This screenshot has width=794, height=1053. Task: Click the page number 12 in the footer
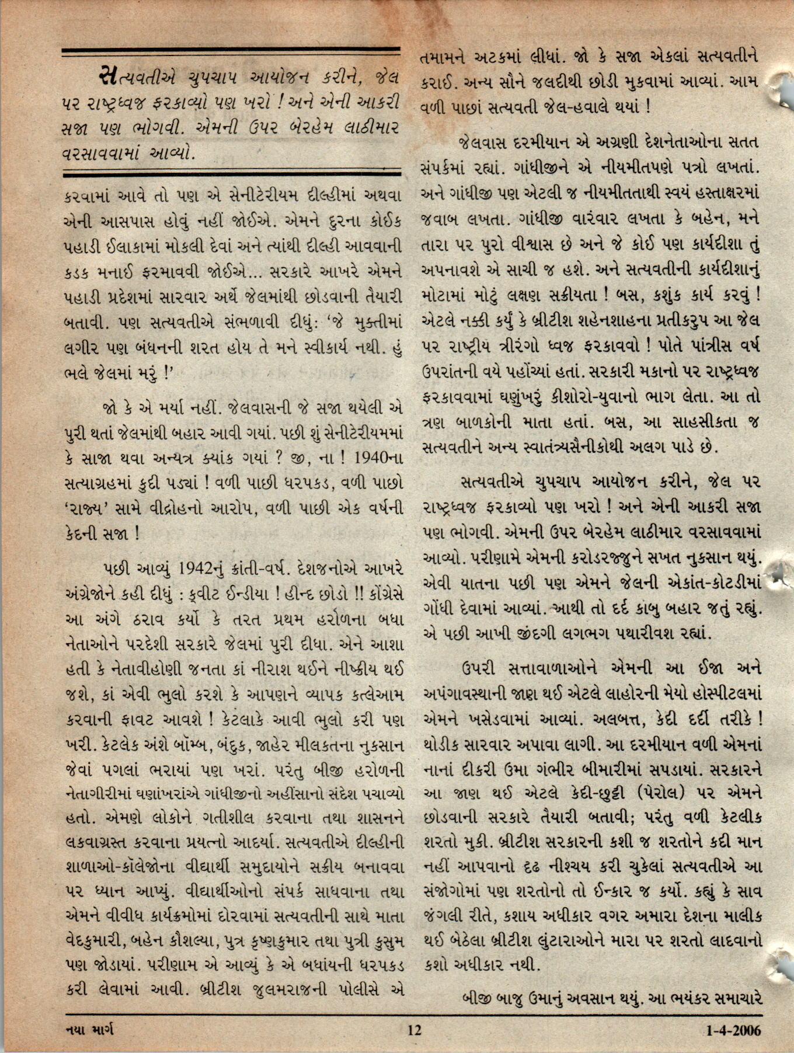(x=414, y=1030)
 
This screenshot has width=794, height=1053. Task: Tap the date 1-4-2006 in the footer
(x=733, y=1030)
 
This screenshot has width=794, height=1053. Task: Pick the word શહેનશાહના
(x=619, y=322)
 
